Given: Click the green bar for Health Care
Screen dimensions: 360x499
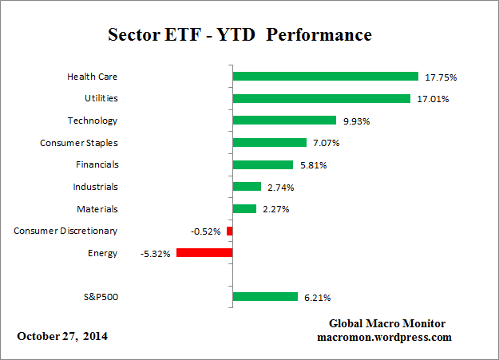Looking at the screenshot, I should pos(325,77).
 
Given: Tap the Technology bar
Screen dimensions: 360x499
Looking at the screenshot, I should pos(283,121).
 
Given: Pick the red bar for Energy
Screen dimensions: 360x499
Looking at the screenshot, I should pos(204,253).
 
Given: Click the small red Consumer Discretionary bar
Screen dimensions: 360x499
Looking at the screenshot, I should pos(229,231).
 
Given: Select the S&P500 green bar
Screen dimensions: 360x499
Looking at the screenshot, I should pos(264,297).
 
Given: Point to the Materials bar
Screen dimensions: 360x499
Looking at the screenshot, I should pos(244,209).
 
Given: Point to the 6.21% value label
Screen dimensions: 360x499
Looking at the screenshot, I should pos(316,298).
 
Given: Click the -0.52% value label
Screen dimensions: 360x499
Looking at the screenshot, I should pos(207,231).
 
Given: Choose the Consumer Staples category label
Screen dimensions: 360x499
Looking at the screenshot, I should pos(78,143).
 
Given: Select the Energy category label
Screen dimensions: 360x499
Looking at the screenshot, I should pos(103,253).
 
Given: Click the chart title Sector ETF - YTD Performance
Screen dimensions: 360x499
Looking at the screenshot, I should pos(240,36).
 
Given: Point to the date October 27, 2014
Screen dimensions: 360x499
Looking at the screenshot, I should pos(62,336).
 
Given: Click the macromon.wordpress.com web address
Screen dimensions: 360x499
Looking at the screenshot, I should pos(386,338).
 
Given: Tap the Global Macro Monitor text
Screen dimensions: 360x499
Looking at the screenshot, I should pos(386,324).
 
